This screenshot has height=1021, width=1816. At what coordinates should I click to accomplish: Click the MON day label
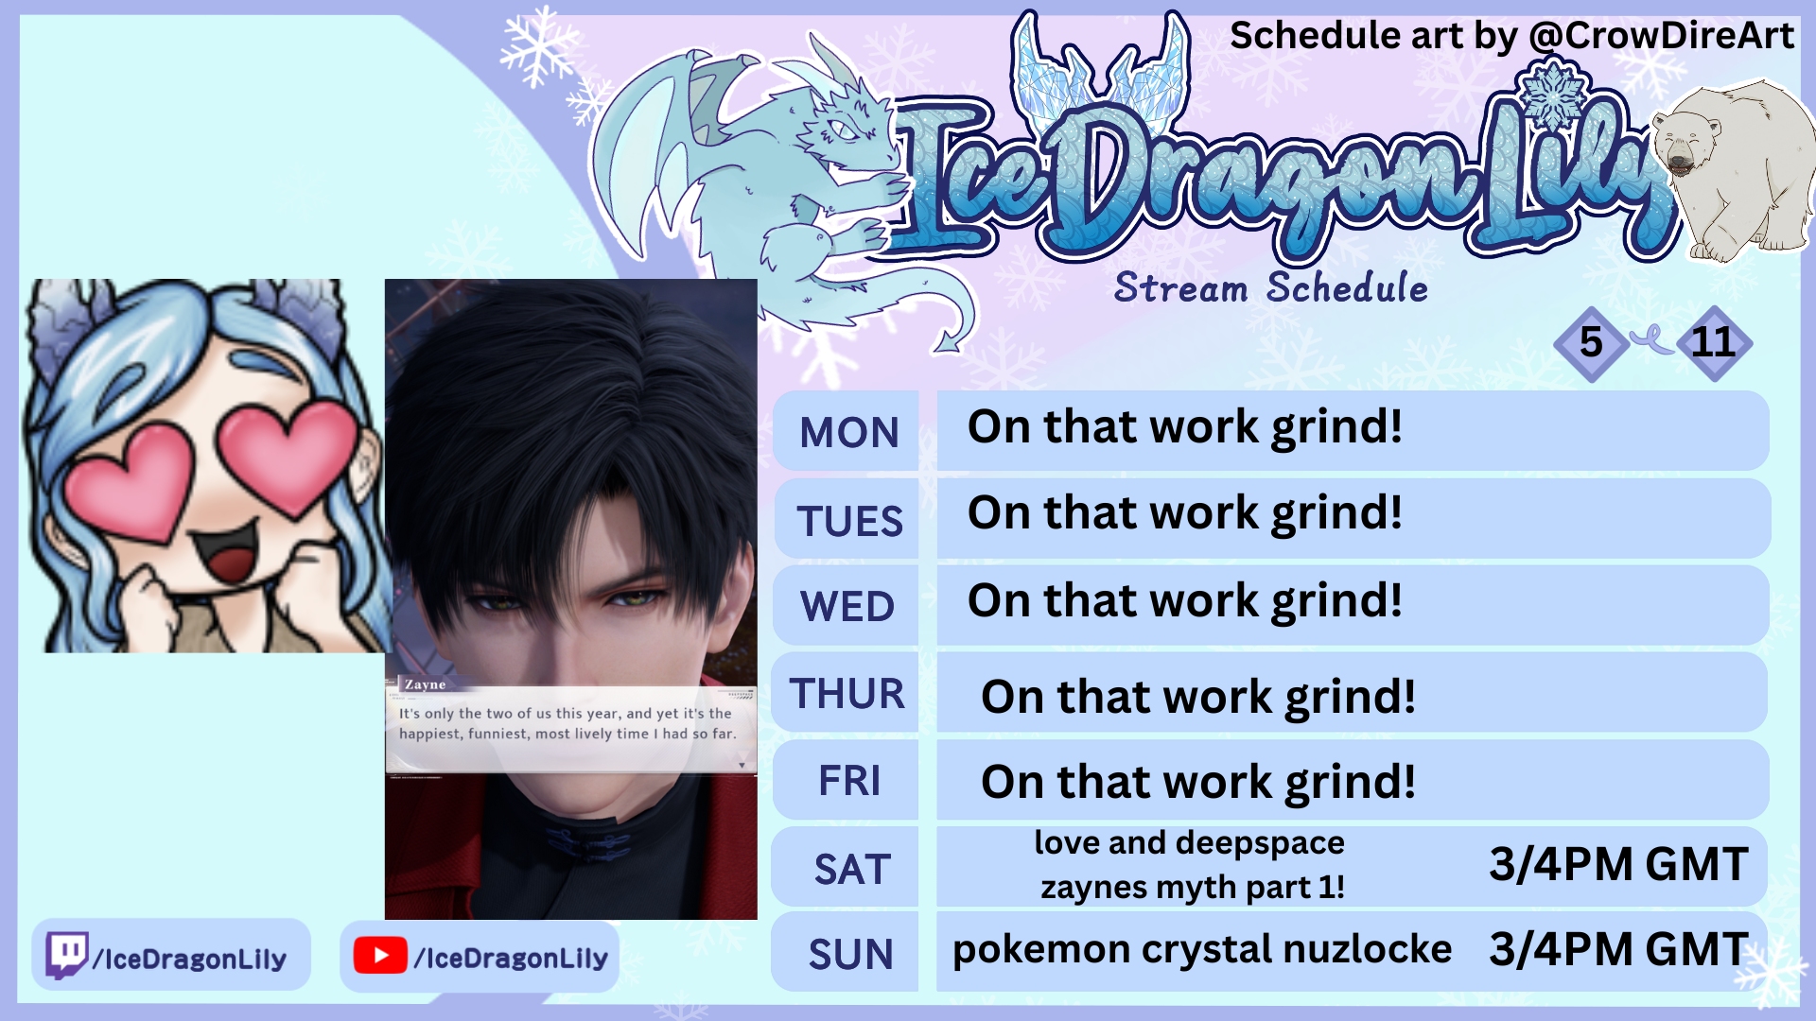point(849,433)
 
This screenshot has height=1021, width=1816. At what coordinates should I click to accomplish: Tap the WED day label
point(847,607)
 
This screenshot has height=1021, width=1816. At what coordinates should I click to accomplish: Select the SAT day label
point(852,870)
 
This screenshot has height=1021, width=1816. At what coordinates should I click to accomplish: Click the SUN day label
point(850,955)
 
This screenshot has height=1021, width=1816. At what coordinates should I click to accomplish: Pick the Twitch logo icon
point(67,956)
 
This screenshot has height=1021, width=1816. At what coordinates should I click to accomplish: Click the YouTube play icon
point(380,956)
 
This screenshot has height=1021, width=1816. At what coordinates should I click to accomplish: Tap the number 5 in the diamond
point(1591,342)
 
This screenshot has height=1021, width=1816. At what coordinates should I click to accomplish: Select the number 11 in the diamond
point(1713,342)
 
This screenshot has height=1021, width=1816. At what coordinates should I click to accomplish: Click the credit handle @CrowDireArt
point(1661,36)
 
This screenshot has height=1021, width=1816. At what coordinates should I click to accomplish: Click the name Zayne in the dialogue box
point(426,684)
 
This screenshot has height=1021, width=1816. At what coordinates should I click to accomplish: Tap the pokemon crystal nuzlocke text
point(1201,950)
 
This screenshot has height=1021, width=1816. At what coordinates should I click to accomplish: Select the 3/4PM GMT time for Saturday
point(1618,865)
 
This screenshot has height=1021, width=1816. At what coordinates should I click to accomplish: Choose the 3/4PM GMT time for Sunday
point(1618,950)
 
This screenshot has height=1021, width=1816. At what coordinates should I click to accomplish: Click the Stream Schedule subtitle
point(1270,288)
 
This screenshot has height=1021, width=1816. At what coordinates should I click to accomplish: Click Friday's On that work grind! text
point(1198,783)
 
